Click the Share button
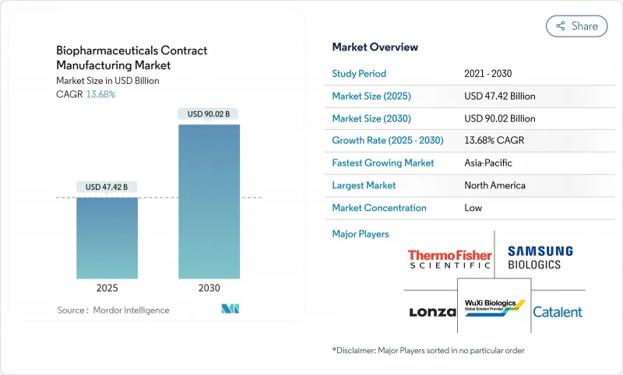576,26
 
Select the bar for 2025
107,237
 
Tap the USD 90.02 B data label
209,114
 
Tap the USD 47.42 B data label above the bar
107,187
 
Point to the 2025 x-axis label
107,288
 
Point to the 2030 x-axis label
209,288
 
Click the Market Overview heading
375,47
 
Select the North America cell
495,185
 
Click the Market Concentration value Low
473,208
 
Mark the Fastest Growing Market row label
383,163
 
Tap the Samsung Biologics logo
540,257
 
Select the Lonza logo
432,312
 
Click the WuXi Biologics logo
495,306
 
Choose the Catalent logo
557,312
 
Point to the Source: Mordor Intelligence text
113,310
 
